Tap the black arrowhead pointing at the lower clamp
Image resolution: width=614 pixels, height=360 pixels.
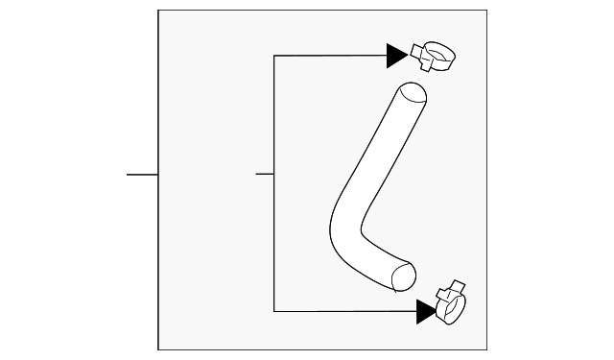click(x=426, y=310)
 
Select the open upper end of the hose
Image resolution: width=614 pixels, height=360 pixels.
click(x=413, y=94)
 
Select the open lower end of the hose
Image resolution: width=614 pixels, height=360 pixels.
click(x=404, y=274)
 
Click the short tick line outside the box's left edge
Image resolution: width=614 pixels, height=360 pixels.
click(x=142, y=175)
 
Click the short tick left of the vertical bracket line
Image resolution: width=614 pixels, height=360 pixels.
click(x=265, y=175)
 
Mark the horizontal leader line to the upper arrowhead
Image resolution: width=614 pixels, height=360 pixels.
click(x=330, y=56)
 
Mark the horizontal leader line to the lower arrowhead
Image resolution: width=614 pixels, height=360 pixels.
click(x=345, y=310)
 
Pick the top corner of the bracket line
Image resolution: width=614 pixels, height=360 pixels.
click(x=274, y=56)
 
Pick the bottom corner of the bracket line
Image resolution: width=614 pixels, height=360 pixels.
click(x=274, y=310)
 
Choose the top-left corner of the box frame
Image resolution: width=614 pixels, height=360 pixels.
click(x=158, y=11)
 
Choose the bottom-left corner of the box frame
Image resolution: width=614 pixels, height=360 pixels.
click(x=158, y=350)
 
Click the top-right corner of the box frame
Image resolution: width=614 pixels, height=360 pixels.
click(x=487, y=11)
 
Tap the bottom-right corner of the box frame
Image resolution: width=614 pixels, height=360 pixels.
click(x=487, y=350)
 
